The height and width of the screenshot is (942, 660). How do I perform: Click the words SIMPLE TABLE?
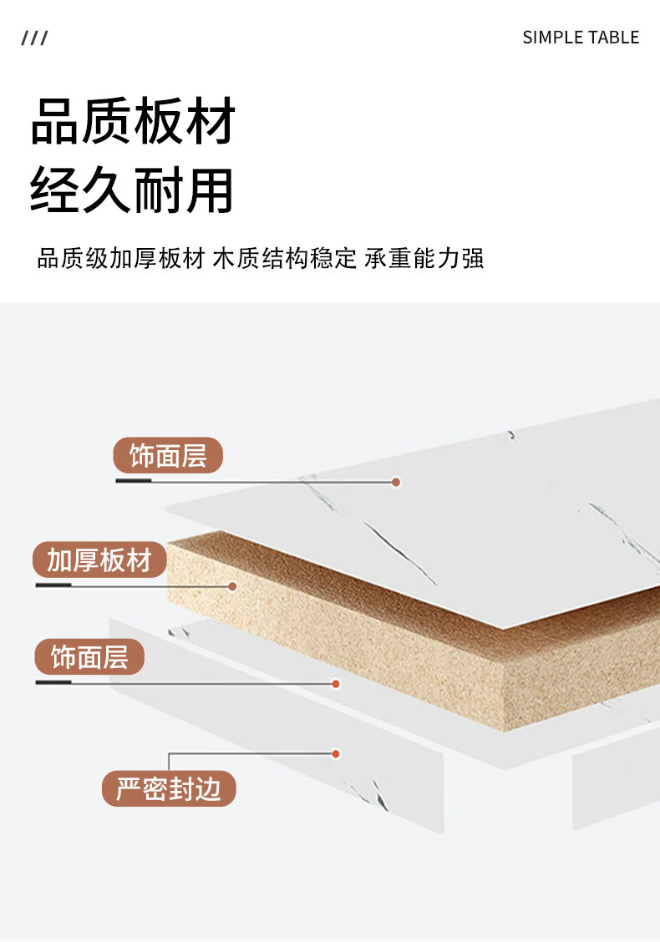(x=581, y=38)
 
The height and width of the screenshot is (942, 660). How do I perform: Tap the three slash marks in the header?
(x=35, y=38)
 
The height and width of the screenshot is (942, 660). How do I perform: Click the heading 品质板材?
(x=133, y=122)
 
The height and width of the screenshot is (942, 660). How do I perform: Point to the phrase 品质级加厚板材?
(x=121, y=258)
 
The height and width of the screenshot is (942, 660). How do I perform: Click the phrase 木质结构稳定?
(x=285, y=258)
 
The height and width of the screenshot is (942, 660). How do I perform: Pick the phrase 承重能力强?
(x=424, y=258)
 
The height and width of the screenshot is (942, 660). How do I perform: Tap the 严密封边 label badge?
(x=169, y=789)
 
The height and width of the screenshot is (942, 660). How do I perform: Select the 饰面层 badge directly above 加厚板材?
(x=168, y=457)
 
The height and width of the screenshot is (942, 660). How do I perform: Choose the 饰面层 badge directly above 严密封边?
(x=89, y=657)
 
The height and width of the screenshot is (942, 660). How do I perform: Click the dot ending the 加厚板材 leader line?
(x=233, y=586)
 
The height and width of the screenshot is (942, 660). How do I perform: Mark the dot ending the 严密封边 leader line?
(x=336, y=754)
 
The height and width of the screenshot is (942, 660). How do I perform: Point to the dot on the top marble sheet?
(x=397, y=482)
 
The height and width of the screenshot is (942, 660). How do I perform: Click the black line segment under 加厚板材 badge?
(x=53, y=585)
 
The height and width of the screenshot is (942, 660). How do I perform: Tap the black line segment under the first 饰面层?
(x=133, y=482)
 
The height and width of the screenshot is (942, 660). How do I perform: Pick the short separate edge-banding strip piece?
(x=615, y=785)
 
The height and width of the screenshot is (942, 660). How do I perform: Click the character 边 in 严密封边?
(x=209, y=789)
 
